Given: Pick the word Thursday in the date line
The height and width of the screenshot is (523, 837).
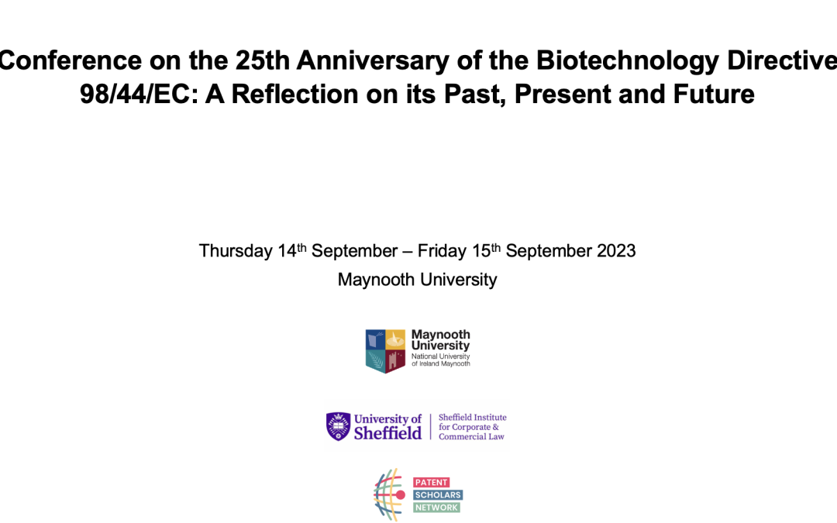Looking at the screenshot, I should (236, 251).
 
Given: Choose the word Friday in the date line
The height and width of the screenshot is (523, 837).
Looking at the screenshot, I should (442, 251).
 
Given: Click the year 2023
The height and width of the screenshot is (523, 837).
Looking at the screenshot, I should (615, 251).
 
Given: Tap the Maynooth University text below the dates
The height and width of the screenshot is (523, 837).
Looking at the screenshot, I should (417, 280).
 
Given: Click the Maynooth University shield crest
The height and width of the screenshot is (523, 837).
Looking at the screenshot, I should (386, 350).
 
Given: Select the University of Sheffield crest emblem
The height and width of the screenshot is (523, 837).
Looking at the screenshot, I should (338, 426).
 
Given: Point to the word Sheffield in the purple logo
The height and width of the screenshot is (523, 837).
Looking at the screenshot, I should (387, 432).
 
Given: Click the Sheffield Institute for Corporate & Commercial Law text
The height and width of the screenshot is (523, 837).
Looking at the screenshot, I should (472, 427).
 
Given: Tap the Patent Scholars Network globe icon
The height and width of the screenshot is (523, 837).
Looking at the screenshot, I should (389, 494).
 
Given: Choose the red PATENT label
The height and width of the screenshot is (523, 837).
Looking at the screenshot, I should (432, 482).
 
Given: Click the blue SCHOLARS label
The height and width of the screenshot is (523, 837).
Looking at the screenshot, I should (439, 494).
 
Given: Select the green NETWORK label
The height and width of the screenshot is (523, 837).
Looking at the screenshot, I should (437, 508).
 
